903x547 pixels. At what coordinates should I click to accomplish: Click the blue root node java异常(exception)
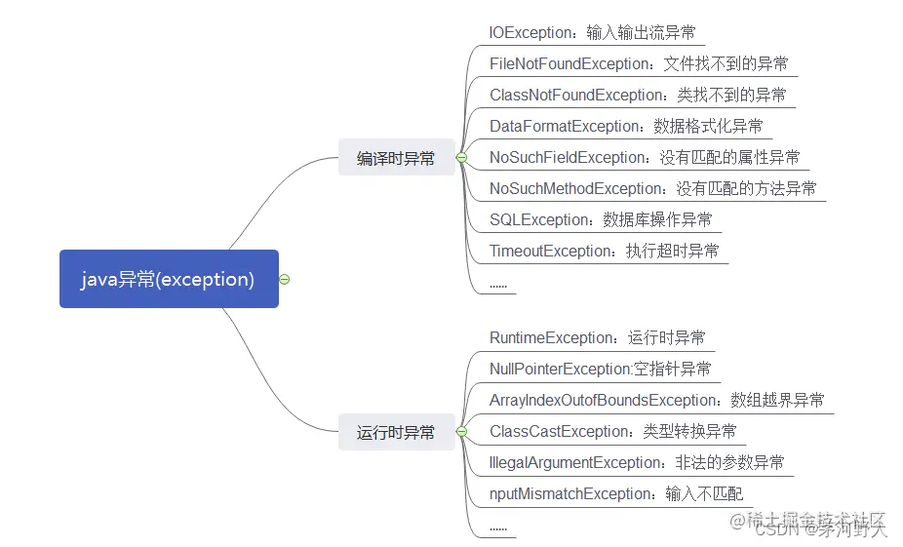point(169,279)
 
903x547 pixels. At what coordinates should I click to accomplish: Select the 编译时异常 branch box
point(396,158)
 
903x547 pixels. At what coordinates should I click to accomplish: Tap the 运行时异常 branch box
point(396,432)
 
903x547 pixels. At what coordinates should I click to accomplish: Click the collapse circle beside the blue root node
point(285,279)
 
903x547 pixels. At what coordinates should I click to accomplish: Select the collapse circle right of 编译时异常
point(461,158)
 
